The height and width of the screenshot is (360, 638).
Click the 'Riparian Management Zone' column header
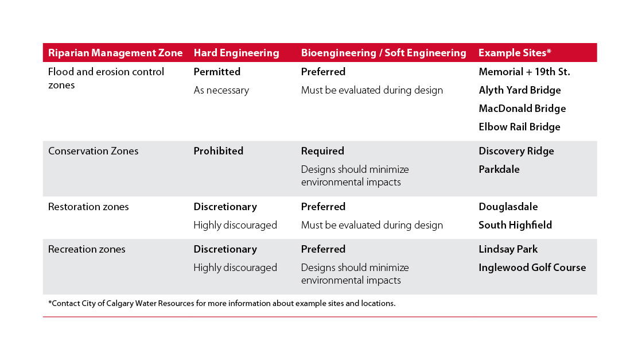(x=115, y=53)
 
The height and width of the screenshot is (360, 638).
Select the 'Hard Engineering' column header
(x=236, y=53)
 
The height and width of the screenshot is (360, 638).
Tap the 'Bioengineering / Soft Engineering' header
(x=384, y=53)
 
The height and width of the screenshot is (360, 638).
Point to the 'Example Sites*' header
(x=515, y=52)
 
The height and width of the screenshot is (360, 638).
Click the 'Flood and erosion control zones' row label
(x=106, y=78)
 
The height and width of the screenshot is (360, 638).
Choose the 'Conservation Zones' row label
(x=93, y=151)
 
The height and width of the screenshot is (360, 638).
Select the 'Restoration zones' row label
(x=88, y=207)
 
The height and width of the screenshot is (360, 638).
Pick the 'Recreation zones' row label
(x=87, y=249)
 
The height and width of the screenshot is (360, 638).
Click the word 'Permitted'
(x=217, y=72)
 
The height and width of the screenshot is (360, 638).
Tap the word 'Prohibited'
(x=219, y=151)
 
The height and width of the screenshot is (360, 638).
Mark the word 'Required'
(x=322, y=151)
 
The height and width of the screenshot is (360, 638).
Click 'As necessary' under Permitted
(x=221, y=90)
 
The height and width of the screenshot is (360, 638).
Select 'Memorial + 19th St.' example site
(x=524, y=72)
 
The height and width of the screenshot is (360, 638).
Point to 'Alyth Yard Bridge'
(x=520, y=90)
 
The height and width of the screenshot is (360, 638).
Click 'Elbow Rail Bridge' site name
(x=519, y=127)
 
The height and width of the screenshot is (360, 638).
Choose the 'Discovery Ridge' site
(x=516, y=151)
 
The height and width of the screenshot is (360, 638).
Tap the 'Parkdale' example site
(x=499, y=169)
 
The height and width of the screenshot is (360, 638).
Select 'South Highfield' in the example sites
(x=515, y=225)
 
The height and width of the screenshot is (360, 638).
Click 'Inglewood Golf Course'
(x=532, y=268)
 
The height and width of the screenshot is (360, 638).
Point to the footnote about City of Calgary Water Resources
(x=222, y=303)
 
